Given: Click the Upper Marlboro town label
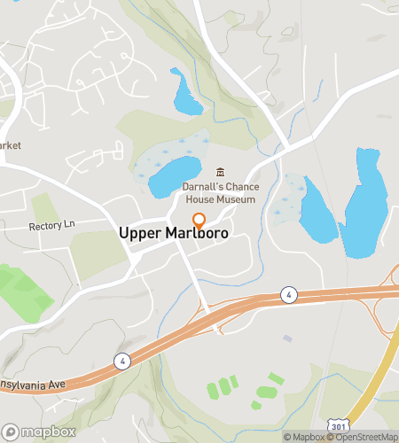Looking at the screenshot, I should pyautogui.click(x=174, y=233).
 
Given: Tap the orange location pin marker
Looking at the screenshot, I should pyautogui.click(x=199, y=221).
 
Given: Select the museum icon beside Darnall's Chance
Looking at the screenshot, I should pyautogui.click(x=221, y=172).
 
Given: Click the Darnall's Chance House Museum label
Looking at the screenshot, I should pyautogui.click(x=219, y=193).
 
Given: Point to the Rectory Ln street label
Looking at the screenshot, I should pyautogui.click(x=52, y=226).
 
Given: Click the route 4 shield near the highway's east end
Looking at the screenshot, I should pyautogui.click(x=288, y=293).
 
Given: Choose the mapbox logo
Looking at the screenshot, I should pyautogui.click(x=38, y=431).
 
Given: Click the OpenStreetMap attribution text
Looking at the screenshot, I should pyautogui.click(x=366, y=437).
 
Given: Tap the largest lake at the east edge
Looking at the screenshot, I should pyautogui.click(x=364, y=208).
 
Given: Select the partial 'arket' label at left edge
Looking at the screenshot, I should pyautogui.click(x=11, y=145).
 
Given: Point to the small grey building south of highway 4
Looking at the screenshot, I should pyautogui.click(x=287, y=338).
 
